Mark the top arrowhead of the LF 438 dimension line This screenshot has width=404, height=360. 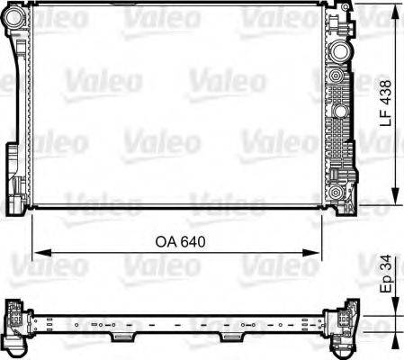click(x=397, y=10)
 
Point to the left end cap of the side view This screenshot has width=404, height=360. click(x=17, y=319)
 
